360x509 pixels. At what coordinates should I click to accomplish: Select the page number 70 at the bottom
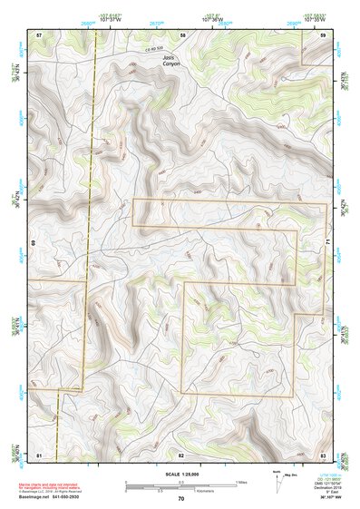point(180,498)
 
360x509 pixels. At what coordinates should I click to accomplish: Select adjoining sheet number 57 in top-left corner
point(39,34)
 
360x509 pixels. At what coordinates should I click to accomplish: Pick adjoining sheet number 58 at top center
point(182,34)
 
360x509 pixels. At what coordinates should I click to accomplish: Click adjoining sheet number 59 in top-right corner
point(324,34)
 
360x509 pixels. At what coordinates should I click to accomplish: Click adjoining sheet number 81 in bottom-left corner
point(39,453)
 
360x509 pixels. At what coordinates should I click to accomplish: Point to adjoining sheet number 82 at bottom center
point(181,453)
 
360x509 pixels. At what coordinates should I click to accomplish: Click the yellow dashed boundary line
point(92,181)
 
